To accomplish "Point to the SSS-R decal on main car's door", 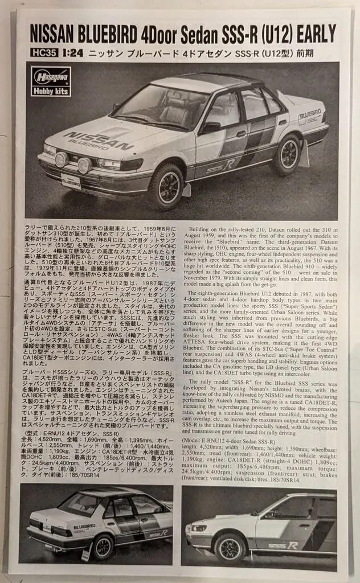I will tap(219, 167).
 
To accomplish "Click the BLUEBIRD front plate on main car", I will tap(71, 183).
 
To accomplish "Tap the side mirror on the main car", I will tap(210, 128).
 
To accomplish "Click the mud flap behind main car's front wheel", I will tap(186, 189).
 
